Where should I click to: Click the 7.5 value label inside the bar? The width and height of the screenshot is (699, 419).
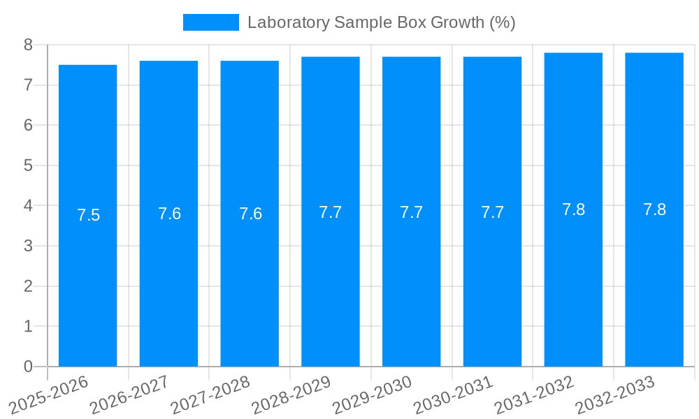pyautogui.click(x=88, y=215)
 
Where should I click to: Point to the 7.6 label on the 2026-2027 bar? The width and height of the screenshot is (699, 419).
pyautogui.click(x=169, y=214)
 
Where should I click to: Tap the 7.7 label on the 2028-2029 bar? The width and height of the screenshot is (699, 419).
pyautogui.click(x=331, y=212)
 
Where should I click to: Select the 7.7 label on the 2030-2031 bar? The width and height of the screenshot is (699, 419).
pyautogui.click(x=492, y=212)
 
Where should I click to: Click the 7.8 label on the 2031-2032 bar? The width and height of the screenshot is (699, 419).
pyautogui.click(x=573, y=209)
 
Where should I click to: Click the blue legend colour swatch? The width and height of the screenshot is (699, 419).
pyautogui.click(x=210, y=22)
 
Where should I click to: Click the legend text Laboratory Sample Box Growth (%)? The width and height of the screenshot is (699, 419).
pyautogui.click(x=381, y=22)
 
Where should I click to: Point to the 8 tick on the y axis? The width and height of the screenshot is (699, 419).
pyautogui.click(x=28, y=45)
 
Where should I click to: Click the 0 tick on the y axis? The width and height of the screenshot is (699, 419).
pyautogui.click(x=28, y=367)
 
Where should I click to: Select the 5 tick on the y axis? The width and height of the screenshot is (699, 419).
pyautogui.click(x=28, y=166)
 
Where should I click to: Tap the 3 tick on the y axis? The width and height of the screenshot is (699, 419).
pyautogui.click(x=28, y=246)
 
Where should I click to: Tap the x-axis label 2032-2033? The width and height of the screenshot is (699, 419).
pyautogui.click(x=616, y=395)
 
